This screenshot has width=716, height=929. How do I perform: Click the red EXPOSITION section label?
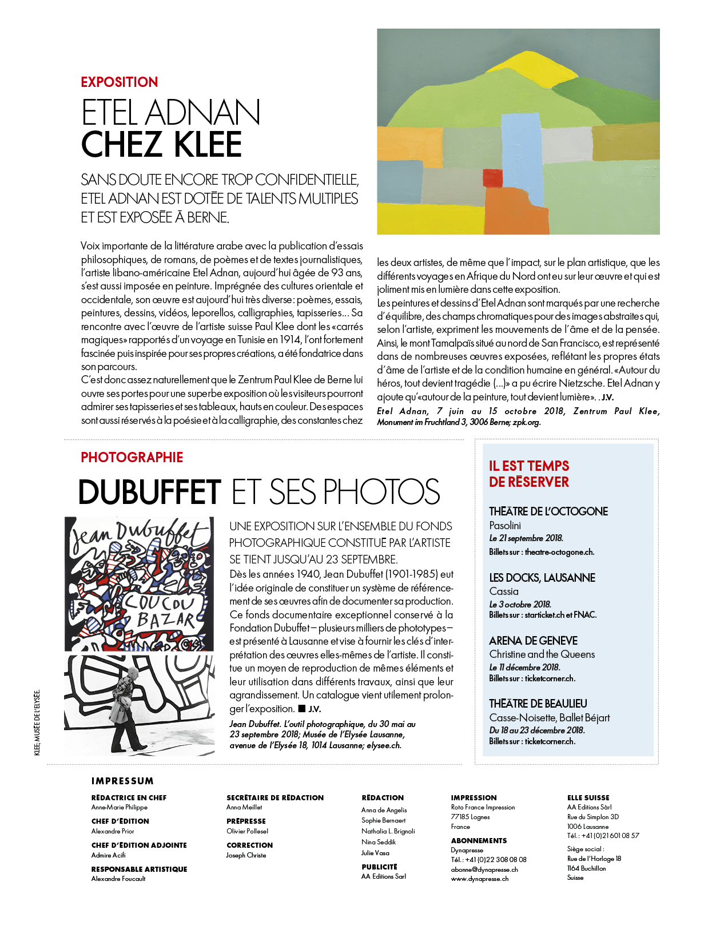119,82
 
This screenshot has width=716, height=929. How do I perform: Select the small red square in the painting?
492,178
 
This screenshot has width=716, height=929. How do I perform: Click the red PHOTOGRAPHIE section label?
132,458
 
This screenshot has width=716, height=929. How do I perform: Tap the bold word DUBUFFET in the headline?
149,492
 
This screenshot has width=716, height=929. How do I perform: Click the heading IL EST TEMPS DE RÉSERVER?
529,474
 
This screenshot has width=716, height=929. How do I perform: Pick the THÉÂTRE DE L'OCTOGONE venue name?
548,511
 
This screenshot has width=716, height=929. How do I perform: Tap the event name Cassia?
504,591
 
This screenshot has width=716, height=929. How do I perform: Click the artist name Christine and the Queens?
542,654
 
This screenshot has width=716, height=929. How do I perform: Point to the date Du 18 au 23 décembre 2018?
537,731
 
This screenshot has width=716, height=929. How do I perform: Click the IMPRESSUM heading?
122,781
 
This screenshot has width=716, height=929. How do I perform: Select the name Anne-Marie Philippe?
120,808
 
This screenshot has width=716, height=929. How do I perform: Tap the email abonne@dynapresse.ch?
484,870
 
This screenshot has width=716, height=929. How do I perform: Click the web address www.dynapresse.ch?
479,879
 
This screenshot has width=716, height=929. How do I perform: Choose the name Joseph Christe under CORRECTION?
246,856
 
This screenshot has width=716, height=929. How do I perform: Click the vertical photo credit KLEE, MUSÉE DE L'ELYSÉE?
37,723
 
